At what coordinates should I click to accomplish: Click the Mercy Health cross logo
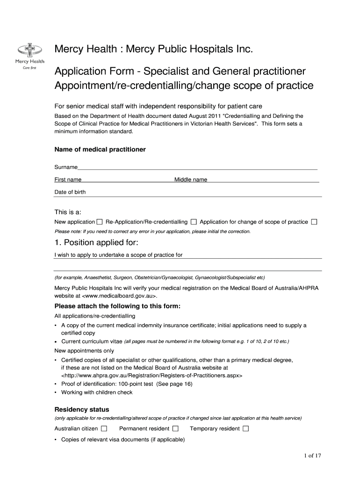click(30, 50)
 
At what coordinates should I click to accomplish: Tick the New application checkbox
click(100, 222)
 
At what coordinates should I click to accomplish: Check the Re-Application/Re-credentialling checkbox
click(194, 222)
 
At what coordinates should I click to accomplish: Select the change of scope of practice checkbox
click(314, 222)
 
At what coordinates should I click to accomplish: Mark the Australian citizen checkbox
click(104, 428)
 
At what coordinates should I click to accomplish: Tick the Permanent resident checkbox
click(175, 428)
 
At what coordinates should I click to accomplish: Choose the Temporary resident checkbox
click(246, 428)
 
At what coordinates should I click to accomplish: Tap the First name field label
click(68, 180)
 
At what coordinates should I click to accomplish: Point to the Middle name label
click(191, 180)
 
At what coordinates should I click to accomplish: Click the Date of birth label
click(70, 192)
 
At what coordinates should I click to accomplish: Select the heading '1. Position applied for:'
click(96, 243)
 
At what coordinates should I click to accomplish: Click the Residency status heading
click(82, 409)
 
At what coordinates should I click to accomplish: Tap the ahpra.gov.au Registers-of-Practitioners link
click(151, 375)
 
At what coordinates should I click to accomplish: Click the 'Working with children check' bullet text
click(97, 392)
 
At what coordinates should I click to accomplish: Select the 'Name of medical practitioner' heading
click(100, 149)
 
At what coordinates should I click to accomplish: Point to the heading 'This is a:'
click(68, 211)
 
